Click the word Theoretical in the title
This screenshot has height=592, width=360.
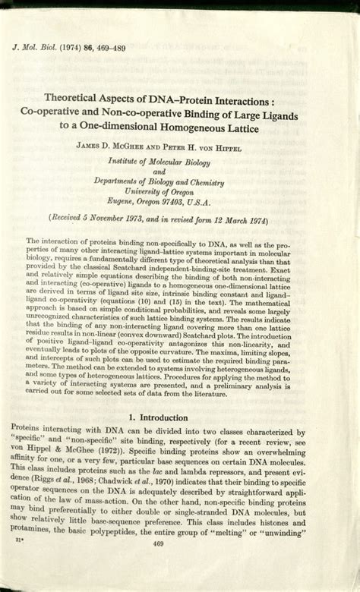77,98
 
